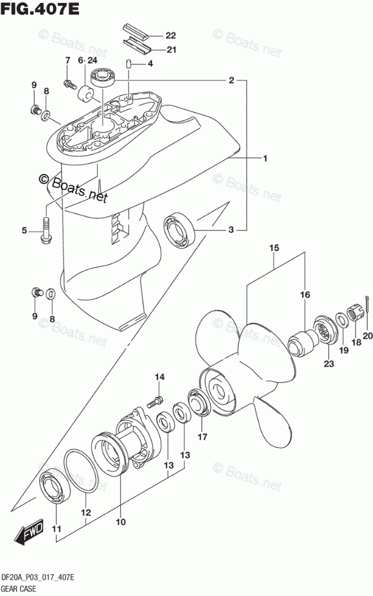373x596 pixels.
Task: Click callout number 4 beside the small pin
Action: tap(150, 63)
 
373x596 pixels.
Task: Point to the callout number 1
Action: tap(264, 159)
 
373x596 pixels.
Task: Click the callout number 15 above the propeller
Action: tap(273, 248)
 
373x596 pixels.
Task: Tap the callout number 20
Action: tap(368, 336)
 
